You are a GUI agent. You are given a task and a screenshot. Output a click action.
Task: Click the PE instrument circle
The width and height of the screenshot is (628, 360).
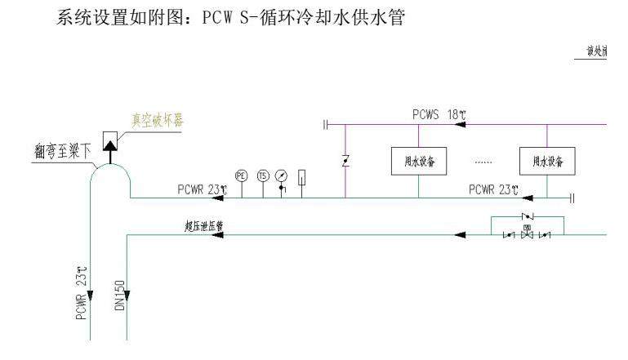[241, 176]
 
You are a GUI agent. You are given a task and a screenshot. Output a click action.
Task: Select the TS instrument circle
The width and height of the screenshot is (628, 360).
[262, 176]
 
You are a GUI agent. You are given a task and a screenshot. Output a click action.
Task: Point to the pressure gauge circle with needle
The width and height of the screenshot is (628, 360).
[282, 176]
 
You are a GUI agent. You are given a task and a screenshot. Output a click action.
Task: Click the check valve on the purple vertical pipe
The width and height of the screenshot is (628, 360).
[345, 161]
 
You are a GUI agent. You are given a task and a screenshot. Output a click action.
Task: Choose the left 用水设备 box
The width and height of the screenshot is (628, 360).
[419, 159]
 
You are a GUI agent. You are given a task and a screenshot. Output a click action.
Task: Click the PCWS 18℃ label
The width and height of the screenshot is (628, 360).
[438, 115]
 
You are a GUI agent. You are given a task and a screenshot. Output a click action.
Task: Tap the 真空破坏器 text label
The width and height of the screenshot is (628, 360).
[158, 119]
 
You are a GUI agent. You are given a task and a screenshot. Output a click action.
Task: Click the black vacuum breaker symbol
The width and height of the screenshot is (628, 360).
[109, 144]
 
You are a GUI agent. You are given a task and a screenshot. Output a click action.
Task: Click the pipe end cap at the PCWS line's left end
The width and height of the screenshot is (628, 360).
[325, 125]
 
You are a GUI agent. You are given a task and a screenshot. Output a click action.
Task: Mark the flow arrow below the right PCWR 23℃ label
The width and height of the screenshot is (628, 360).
[528, 198]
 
